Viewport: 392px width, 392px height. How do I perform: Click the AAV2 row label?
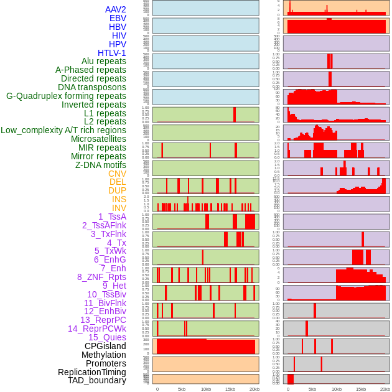[115, 9]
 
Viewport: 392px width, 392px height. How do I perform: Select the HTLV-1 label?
[111, 53]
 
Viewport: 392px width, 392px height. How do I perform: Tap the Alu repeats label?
[103, 61]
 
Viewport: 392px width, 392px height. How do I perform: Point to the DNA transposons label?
[92, 87]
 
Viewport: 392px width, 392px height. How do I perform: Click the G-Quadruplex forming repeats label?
[66, 96]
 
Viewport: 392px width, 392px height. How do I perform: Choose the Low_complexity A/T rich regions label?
[63, 130]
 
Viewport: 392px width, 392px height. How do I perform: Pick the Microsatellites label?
[98, 139]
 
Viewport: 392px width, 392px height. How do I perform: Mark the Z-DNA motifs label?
[100, 165]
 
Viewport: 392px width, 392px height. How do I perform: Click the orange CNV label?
[117, 174]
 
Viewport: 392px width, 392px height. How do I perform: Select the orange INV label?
[119, 208]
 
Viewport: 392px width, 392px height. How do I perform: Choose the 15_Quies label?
[107, 337]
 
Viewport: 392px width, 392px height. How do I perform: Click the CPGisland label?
[105, 346]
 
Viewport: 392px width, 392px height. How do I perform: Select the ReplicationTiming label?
[91, 372]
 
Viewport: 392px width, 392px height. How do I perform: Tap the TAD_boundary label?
[97, 380]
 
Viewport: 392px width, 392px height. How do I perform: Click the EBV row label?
[118, 18]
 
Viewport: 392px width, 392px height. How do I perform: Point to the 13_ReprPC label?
[103, 320]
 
